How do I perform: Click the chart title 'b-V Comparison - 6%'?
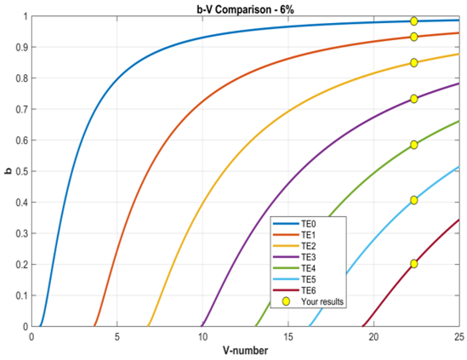click(x=246, y=9)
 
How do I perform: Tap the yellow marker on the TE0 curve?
click(x=413, y=21)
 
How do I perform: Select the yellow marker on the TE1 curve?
click(x=413, y=37)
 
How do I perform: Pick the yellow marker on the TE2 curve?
click(x=413, y=63)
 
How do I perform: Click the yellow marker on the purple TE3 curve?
click(x=413, y=99)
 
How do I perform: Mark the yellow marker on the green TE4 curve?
click(x=413, y=145)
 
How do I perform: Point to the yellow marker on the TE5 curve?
click(x=413, y=200)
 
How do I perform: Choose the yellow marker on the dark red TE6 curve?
click(x=413, y=264)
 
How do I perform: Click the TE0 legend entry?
click(x=294, y=224)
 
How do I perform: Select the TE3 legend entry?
click(x=294, y=257)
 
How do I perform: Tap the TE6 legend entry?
click(x=294, y=290)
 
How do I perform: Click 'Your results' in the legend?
click(x=313, y=301)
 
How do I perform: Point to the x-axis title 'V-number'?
click(x=246, y=351)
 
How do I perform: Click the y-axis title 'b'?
click(x=9, y=171)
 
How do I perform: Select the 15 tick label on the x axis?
click(x=288, y=337)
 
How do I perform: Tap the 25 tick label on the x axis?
click(x=459, y=337)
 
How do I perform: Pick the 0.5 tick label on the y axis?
click(x=22, y=171)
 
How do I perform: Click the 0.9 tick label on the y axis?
click(x=22, y=47)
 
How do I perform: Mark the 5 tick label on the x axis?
click(x=117, y=337)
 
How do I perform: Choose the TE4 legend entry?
click(x=294, y=268)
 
